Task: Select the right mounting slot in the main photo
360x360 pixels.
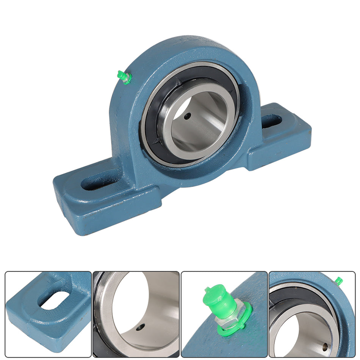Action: [272, 121]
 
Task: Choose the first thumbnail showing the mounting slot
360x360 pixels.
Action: [48, 314]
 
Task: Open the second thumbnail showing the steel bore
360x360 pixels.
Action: [136, 314]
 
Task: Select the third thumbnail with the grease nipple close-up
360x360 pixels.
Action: [224, 314]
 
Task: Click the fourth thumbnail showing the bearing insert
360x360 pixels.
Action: [312, 314]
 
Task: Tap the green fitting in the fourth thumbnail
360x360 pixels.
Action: [338, 281]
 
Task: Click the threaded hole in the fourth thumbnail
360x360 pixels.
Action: [325, 346]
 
